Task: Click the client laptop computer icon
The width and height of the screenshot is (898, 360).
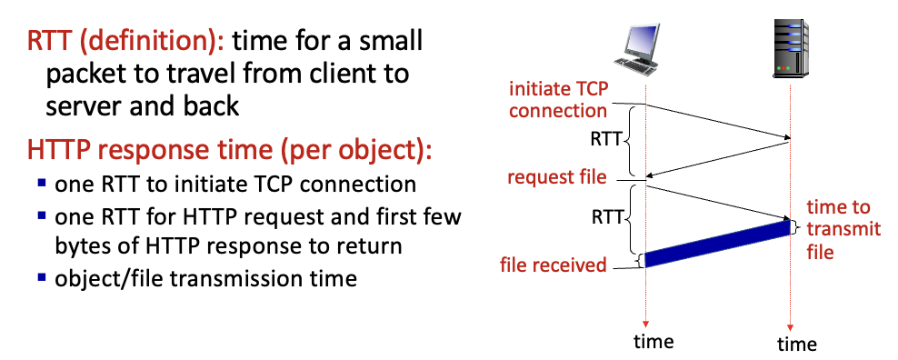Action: pos(642,49)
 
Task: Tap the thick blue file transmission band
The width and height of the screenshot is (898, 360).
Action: pos(718,244)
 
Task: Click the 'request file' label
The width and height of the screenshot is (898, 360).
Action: pos(557,176)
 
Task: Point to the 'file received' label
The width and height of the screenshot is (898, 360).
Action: pos(554,265)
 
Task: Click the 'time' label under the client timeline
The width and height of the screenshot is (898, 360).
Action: pos(654,341)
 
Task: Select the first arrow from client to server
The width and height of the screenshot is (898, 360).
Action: pos(718,122)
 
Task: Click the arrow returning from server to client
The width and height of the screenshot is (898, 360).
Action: pos(718,158)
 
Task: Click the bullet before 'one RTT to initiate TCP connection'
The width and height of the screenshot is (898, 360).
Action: pos(42,184)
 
